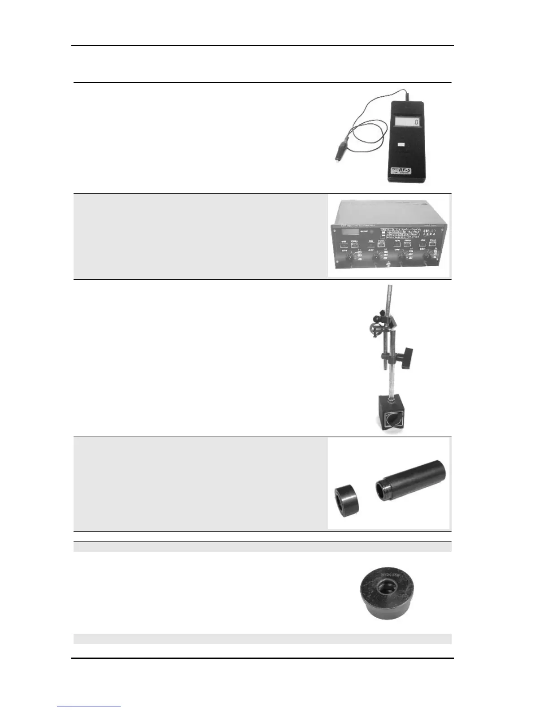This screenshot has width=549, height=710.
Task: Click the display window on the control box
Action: click(351, 232)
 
